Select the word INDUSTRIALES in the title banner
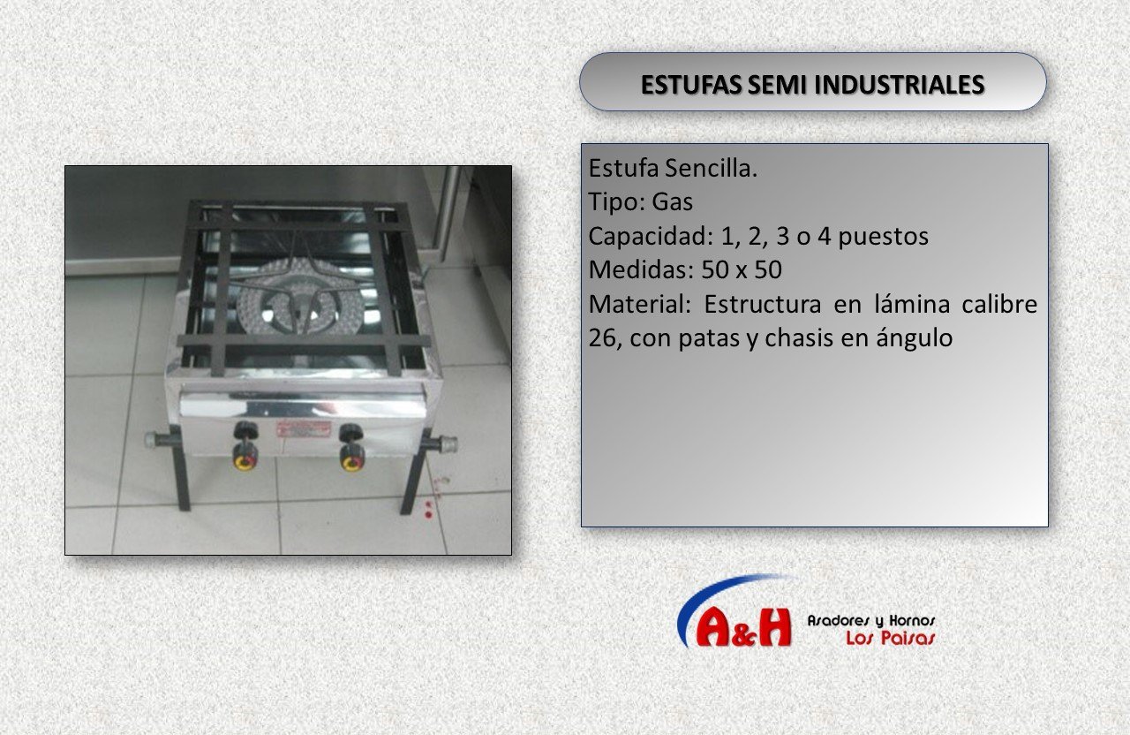tap(899, 85)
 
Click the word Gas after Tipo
tap(672, 202)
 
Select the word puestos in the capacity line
tap(883, 237)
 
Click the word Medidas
tap(640, 269)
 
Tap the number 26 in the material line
tap(601, 337)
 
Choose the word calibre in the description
tap(999, 304)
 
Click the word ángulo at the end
tap(914, 338)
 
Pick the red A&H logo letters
tap(744, 627)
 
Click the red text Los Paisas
tap(891, 638)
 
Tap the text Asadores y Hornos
tap(871, 620)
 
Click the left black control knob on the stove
tap(245, 430)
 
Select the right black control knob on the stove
tap(350, 433)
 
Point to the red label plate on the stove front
tap(303, 429)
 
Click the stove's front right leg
tap(416, 472)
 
